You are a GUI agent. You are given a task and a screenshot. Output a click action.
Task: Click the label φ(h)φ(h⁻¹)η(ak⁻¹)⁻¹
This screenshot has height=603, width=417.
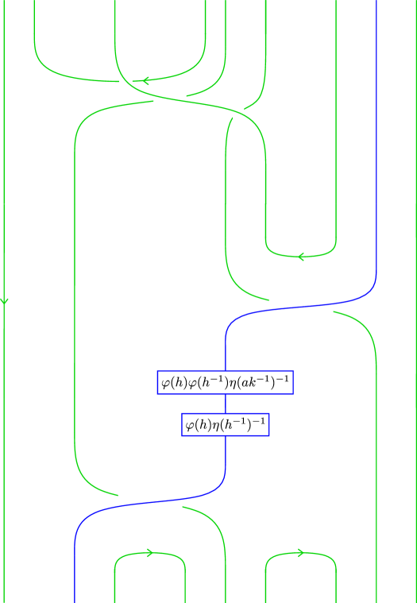pyautogui.click(x=225, y=383)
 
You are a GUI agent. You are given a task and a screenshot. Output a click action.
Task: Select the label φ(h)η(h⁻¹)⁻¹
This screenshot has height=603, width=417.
pyautogui.click(x=225, y=425)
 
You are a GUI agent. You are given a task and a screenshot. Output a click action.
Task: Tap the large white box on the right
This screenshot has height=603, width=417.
pyautogui.click(x=301, y=307)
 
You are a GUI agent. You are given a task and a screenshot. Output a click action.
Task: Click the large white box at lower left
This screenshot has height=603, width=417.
pyautogui.click(x=150, y=502)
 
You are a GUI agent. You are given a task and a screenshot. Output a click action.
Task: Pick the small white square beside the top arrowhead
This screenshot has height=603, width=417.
pyautogui.click(x=125, y=81)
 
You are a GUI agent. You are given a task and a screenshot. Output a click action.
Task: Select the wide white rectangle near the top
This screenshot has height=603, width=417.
pyautogui.click(x=170, y=100)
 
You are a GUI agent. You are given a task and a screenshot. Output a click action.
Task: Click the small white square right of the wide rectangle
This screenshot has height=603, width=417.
pyautogui.click(x=238, y=115)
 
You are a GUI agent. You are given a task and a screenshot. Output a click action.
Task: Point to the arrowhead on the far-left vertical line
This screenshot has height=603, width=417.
pyautogui.click(x=4, y=301)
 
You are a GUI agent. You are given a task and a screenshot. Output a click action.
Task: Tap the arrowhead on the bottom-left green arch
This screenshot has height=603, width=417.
pyautogui.click(x=149, y=553)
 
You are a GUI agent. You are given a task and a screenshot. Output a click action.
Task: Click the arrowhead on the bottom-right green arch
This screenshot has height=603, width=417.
pyautogui.click(x=300, y=553)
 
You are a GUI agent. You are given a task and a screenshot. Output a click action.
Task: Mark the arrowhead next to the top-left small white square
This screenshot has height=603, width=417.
pyautogui.click(x=145, y=81)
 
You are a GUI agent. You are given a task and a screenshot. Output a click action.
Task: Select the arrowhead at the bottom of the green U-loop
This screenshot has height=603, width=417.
pyautogui.click(x=300, y=257)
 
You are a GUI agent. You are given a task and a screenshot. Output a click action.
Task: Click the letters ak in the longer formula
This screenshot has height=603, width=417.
pyautogui.click(x=259, y=383)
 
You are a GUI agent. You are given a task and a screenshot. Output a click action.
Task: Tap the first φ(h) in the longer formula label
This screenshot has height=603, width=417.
pyautogui.click(x=173, y=383)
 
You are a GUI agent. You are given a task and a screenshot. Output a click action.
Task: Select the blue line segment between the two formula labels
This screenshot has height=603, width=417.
pyautogui.click(x=226, y=404)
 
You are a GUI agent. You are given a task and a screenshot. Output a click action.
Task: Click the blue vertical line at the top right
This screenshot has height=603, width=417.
pyautogui.click(x=376, y=119)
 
